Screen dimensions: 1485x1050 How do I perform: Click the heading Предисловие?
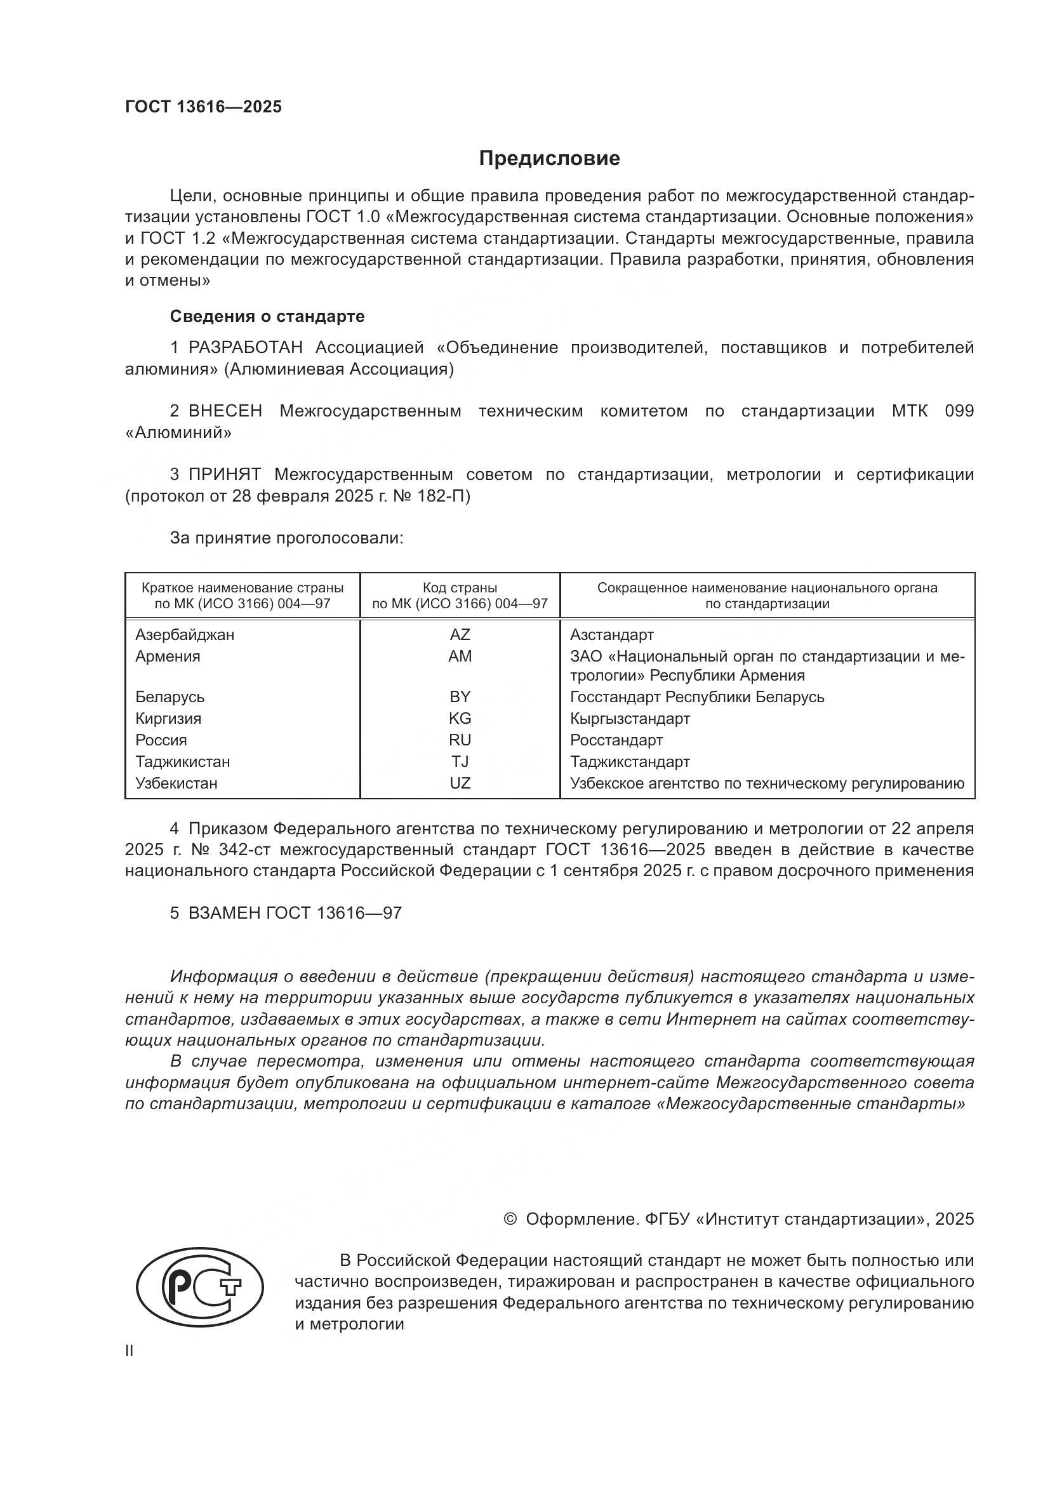[x=549, y=159]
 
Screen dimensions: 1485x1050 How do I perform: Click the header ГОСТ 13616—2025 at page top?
[x=203, y=107]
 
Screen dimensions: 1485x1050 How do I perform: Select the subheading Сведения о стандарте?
[x=267, y=316]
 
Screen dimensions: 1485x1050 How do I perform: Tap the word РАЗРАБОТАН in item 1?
[x=246, y=348]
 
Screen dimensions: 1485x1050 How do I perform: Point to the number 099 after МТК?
[x=959, y=411]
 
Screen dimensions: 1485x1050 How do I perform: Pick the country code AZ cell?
[x=460, y=634]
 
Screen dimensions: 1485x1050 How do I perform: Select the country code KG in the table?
[x=460, y=719]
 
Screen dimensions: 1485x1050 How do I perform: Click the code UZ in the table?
[x=460, y=783]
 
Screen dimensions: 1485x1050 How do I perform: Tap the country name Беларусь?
[x=169, y=697]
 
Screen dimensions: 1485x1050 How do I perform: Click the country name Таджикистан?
[x=182, y=762]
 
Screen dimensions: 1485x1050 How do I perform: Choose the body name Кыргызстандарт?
[x=630, y=719]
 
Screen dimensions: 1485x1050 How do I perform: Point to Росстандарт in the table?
[x=616, y=740]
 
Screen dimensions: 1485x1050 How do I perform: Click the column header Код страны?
[x=460, y=588]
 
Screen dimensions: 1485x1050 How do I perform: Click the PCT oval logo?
[x=200, y=1293]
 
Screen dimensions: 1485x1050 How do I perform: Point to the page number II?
[x=130, y=1351]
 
